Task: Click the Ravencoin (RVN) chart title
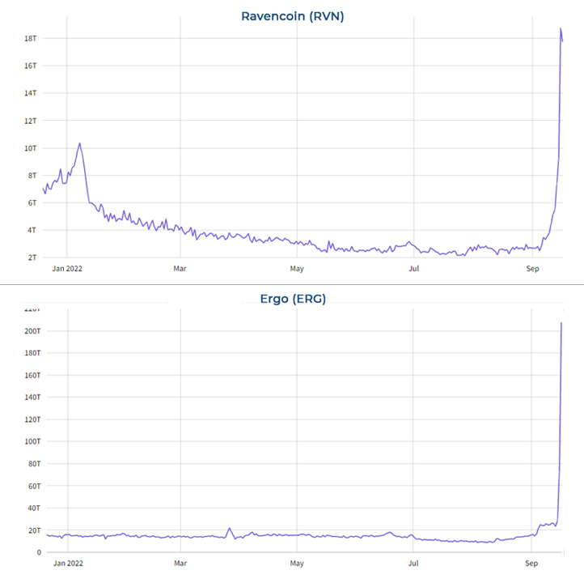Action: click(x=292, y=15)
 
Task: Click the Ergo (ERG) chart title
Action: click(x=292, y=299)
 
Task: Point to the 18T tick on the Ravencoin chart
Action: click(x=31, y=38)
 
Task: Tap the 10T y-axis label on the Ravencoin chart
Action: click(x=31, y=148)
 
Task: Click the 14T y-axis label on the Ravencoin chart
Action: click(x=31, y=93)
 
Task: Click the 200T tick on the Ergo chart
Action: click(x=28, y=331)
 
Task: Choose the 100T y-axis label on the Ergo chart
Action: click(x=28, y=441)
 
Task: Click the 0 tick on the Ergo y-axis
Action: click(x=36, y=552)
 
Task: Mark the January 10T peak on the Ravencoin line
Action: click(x=79, y=143)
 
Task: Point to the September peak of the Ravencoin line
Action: click(x=561, y=28)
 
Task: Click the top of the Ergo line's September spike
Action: click(x=561, y=323)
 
